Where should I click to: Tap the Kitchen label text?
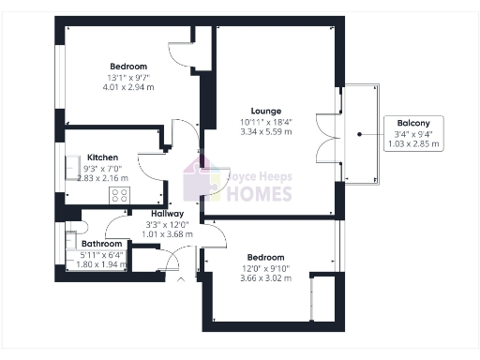tap(103, 157)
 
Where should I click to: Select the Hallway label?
tap(167, 213)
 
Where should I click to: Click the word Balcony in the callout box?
tap(413, 123)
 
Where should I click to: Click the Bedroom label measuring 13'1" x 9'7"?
tap(128, 66)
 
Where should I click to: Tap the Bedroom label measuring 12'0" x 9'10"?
tap(265, 257)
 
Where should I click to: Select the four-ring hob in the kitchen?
tap(120, 195)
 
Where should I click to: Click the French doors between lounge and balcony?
tap(326, 138)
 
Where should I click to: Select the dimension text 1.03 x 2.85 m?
tap(413, 145)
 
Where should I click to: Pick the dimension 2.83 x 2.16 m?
tap(103, 178)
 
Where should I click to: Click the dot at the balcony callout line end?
tap(359, 134)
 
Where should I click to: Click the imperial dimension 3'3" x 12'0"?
tap(167, 224)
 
